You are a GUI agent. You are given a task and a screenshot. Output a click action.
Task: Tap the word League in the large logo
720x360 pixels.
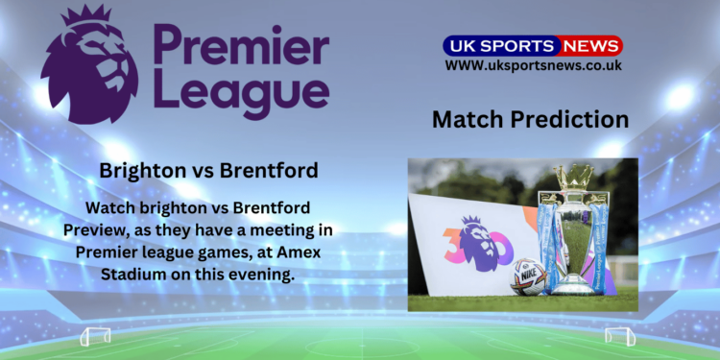pyautogui.click(x=241, y=94)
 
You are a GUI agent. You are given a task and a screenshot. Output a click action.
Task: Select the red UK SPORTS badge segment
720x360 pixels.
pyautogui.click(x=500, y=45)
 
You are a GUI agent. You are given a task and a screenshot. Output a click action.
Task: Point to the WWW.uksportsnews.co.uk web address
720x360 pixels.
pyautogui.click(x=533, y=65)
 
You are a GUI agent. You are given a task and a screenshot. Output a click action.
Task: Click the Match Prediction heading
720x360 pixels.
pyautogui.click(x=530, y=120)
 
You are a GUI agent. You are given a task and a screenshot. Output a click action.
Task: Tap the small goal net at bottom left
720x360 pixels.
pyautogui.click(x=95, y=336)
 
